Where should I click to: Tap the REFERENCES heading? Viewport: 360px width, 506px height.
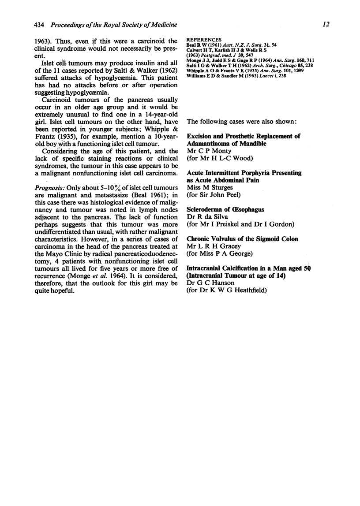[x=204, y=39]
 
